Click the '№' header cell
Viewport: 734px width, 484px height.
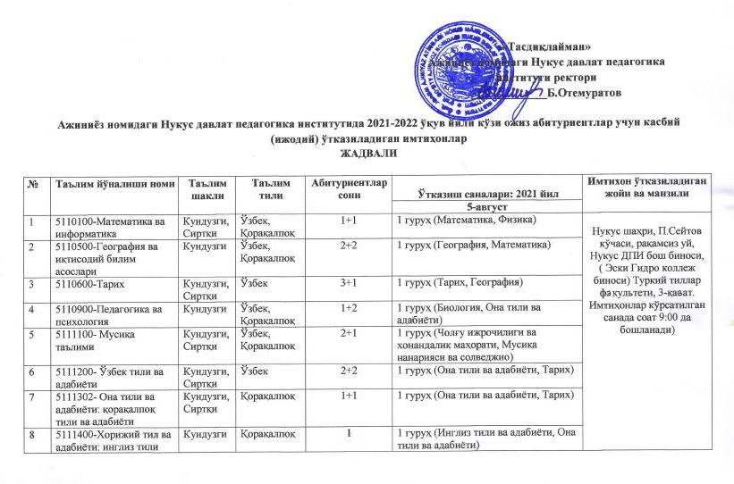pos(35,183)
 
